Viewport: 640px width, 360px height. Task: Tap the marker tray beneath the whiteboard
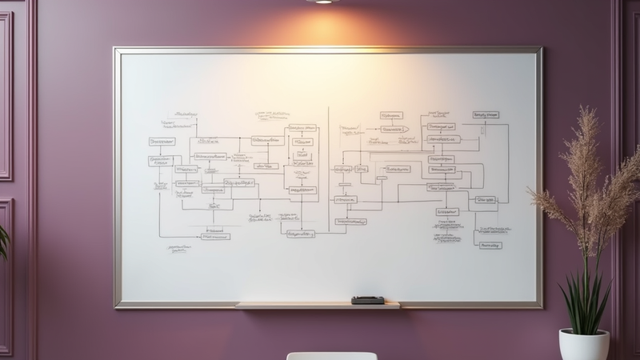pyautogui.click(x=318, y=305)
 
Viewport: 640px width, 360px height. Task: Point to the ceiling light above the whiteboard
pyautogui.click(x=323, y=2)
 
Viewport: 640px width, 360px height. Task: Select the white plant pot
pyautogui.click(x=583, y=345)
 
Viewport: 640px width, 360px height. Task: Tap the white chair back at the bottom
pyautogui.click(x=332, y=356)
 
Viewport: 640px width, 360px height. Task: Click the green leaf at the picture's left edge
pyautogui.click(x=3, y=240)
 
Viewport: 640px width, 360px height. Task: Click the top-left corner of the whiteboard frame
pyautogui.click(x=116, y=50)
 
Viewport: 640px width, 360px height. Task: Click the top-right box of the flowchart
pyautogui.click(x=485, y=115)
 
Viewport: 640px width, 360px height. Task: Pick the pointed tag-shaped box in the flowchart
pyautogui.click(x=393, y=128)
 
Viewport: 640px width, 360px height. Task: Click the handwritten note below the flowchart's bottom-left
pyautogui.click(x=182, y=250)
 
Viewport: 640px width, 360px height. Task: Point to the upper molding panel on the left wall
pyautogui.click(x=5, y=96)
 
